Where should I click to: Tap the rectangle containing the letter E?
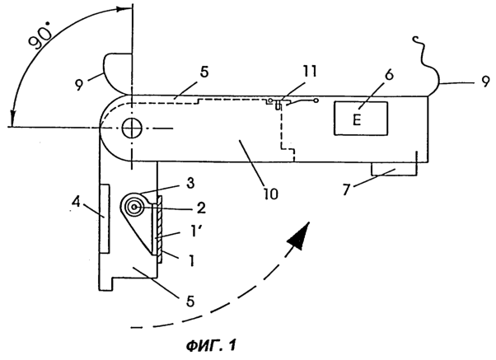point(361,119)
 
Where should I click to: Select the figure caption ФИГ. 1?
point(211,345)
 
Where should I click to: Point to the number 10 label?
point(269,194)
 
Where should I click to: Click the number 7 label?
point(348,190)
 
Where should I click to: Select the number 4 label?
point(77,203)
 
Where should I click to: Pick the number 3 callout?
point(190,184)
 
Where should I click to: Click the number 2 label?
point(200,208)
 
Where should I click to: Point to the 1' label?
point(191,233)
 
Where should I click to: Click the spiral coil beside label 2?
point(134,207)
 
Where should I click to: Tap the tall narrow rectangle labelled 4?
point(105,218)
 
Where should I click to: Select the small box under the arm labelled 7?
point(394,169)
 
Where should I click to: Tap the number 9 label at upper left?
point(79,85)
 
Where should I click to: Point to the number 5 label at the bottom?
point(190,301)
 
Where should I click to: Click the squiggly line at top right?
point(421,52)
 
